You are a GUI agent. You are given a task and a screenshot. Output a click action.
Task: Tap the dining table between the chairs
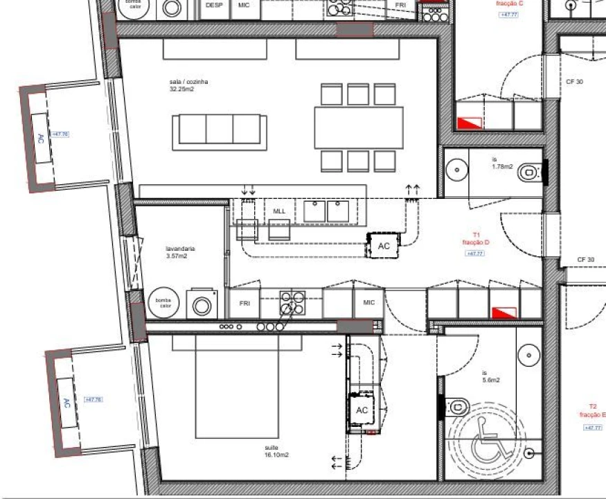point(358,127)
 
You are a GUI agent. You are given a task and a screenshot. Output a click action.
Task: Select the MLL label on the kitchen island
point(279,211)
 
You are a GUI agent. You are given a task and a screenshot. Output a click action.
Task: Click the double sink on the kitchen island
point(326,211)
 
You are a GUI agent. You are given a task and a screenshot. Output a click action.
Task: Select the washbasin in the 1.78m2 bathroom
point(456,168)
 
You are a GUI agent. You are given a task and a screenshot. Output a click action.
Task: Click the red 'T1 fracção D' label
point(476,239)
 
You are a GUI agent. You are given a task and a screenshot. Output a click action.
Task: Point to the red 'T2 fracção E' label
point(594,411)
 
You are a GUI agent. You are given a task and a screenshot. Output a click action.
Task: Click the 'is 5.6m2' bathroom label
point(490,377)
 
